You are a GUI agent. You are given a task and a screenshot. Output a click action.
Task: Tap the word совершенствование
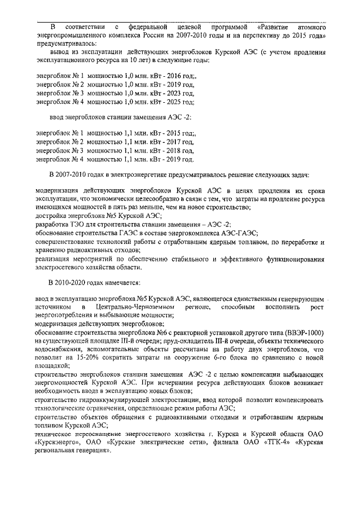click(68, 241)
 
